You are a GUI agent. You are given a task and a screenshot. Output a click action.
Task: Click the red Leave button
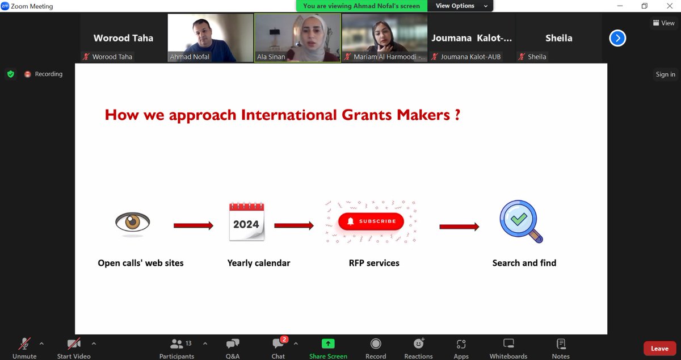point(659,348)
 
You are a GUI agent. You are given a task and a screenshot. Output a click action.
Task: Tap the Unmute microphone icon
point(24,344)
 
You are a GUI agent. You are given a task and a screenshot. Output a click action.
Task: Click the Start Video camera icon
point(74,344)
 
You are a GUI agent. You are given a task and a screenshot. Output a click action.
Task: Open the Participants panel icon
point(176,344)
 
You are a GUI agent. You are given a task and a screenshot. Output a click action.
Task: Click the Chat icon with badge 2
point(278,344)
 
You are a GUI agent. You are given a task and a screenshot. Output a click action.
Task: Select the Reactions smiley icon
point(418,344)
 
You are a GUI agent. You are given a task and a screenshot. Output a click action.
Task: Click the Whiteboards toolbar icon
point(508,344)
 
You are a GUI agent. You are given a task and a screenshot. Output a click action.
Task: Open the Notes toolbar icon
point(561,344)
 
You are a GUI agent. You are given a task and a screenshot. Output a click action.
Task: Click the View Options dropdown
point(461,6)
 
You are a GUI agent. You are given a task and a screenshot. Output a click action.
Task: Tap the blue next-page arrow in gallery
point(617,38)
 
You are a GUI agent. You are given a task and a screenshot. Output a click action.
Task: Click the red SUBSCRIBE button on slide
point(371,221)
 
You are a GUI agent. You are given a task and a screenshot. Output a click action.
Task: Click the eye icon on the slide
point(133,222)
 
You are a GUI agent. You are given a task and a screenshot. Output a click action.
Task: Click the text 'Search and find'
point(524,263)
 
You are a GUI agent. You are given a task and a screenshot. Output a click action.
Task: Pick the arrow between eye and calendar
point(193,225)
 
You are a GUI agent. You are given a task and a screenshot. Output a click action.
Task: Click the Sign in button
point(665,74)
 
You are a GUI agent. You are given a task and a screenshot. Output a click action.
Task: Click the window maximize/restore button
point(644,6)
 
